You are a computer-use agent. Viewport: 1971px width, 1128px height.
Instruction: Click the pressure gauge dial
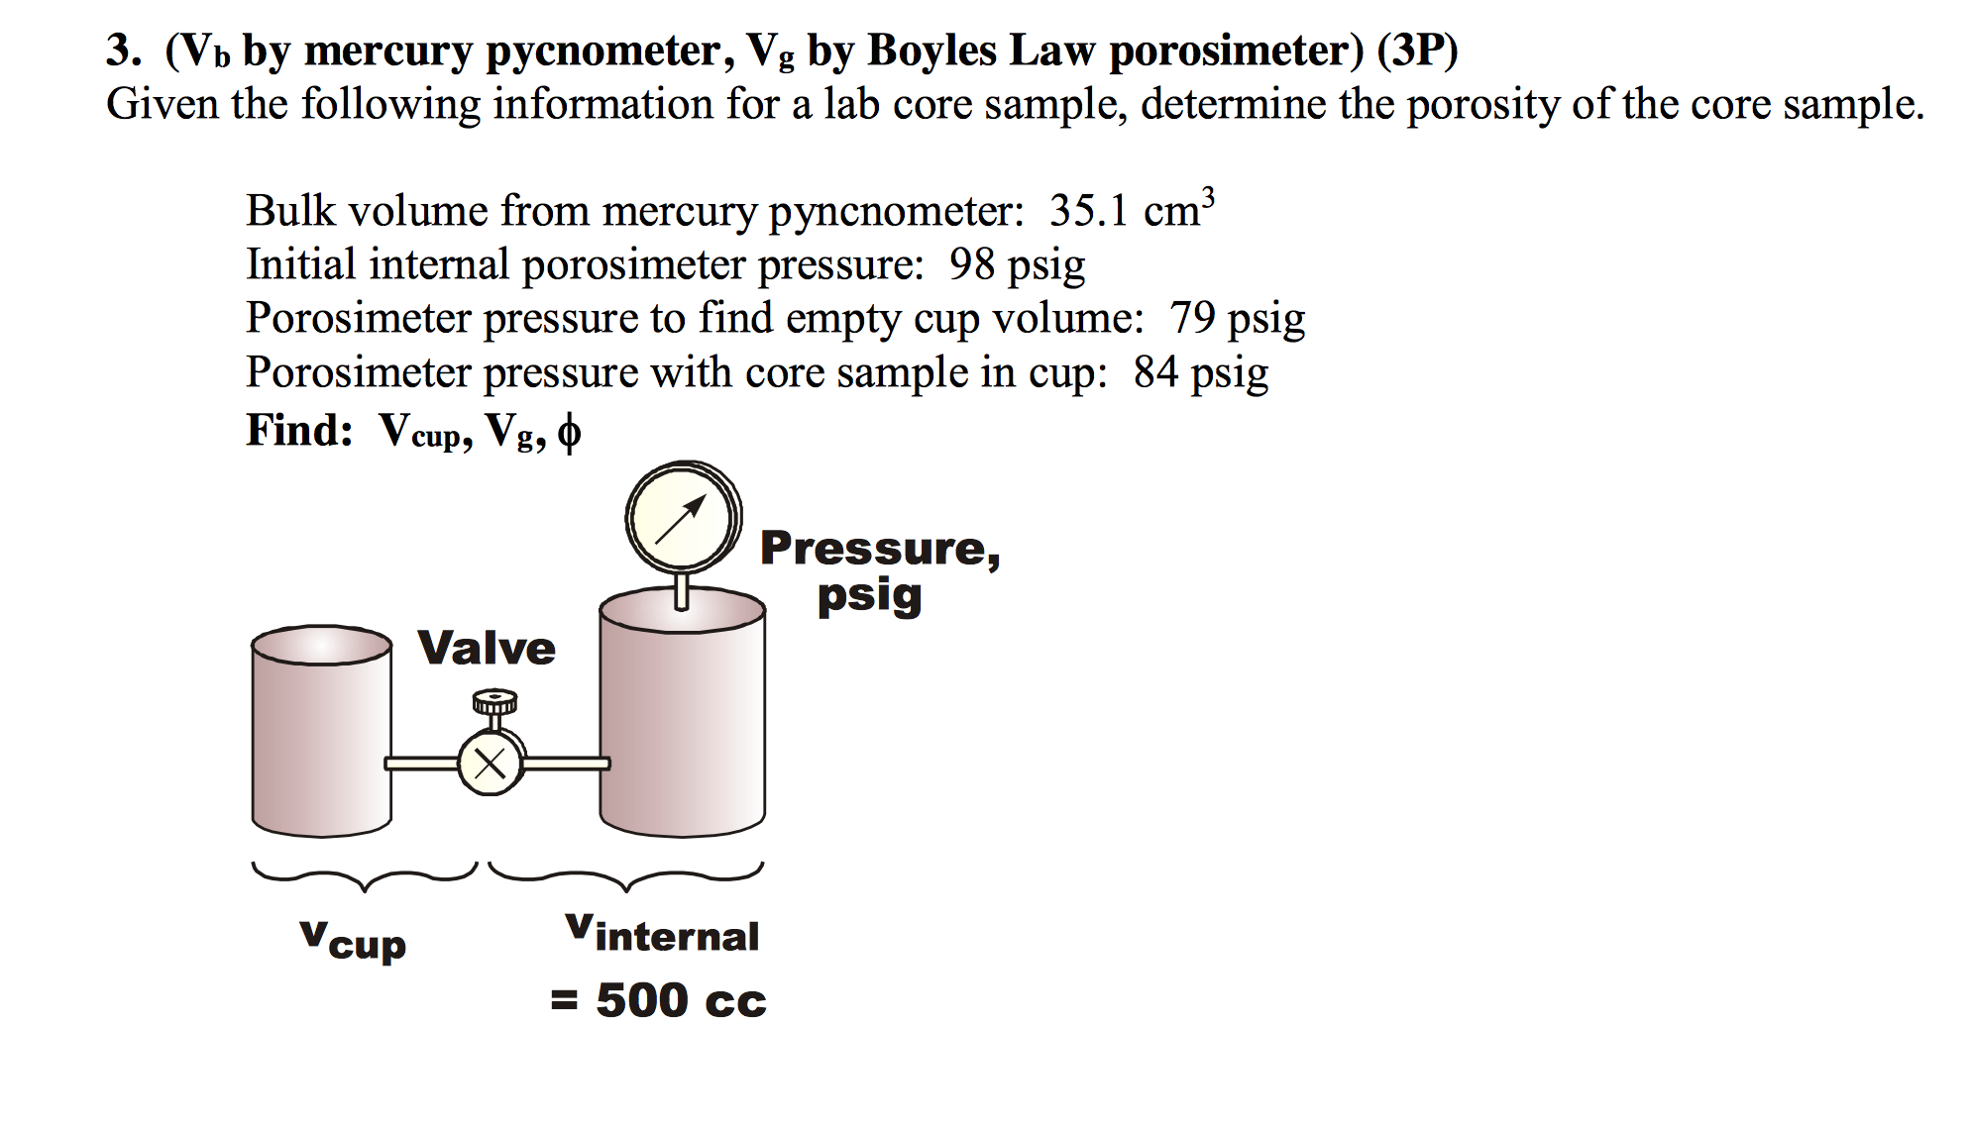point(682,517)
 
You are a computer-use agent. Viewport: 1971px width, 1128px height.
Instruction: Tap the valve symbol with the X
point(490,764)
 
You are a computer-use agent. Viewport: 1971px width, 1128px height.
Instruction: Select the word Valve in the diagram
point(486,649)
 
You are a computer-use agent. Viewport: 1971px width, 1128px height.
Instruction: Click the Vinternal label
point(662,934)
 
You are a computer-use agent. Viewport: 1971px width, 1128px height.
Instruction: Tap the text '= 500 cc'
point(658,1000)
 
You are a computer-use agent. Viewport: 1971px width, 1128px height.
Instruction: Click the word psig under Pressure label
point(869,596)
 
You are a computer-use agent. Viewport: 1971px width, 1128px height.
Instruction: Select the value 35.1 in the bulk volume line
point(1088,211)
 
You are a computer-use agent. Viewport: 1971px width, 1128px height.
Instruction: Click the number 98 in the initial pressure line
point(971,264)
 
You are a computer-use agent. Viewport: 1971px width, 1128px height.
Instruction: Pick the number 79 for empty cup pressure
point(1192,318)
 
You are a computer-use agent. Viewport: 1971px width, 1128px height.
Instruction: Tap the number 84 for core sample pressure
point(1155,372)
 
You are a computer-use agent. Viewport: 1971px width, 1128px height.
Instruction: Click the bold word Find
point(298,431)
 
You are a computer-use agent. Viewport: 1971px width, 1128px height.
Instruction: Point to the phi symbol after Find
point(569,433)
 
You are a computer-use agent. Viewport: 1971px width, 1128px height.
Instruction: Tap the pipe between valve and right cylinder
point(566,764)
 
